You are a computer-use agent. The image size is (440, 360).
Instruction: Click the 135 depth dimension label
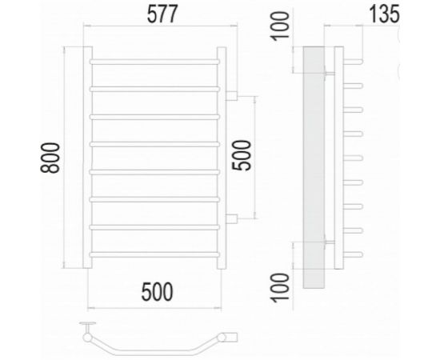pyautogui.click(x=382, y=15)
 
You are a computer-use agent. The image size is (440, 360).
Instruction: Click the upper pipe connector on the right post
pyautogui.click(x=232, y=97)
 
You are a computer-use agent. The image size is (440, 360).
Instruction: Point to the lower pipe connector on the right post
pyautogui.click(x=232, y=219)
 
